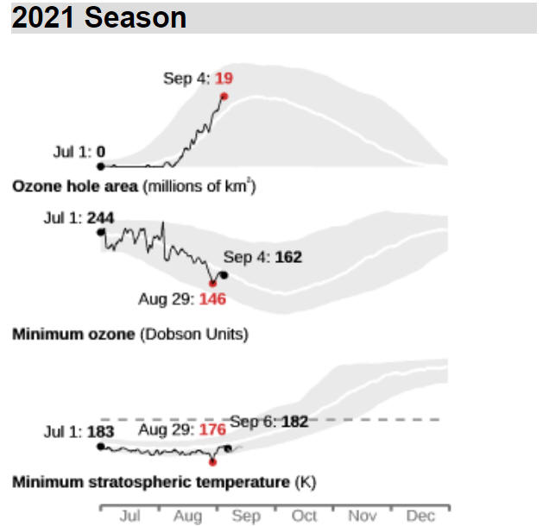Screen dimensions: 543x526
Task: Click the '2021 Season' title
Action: (99, 17)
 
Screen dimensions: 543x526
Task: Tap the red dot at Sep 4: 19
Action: (224, 97)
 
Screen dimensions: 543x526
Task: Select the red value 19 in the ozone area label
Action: (224, 78)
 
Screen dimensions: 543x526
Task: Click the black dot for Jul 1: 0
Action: (101, 166)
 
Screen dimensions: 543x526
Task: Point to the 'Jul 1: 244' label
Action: (79, 218)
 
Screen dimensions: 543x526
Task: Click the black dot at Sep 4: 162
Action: (224, 275)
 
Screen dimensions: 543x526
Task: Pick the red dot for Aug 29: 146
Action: (212, 284)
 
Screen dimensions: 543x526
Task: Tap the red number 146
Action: (212, 299)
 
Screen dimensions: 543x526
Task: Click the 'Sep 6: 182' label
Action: (269, 422)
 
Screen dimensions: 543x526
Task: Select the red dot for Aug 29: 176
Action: (212, 462)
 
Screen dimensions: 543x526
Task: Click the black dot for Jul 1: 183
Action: (101, 447)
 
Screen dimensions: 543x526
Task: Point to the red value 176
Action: (212, 430)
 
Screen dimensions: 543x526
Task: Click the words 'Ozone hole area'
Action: (75, 186)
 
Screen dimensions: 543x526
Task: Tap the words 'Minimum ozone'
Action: (73, 335)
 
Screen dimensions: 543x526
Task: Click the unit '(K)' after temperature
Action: (306, 482)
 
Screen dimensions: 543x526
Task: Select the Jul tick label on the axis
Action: (129, 516)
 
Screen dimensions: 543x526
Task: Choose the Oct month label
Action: (304, 516)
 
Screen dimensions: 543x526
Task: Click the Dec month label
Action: (420, 516)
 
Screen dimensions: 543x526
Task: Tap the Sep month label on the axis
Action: (246, 517)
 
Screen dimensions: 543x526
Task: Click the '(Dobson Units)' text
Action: (194, 335)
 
